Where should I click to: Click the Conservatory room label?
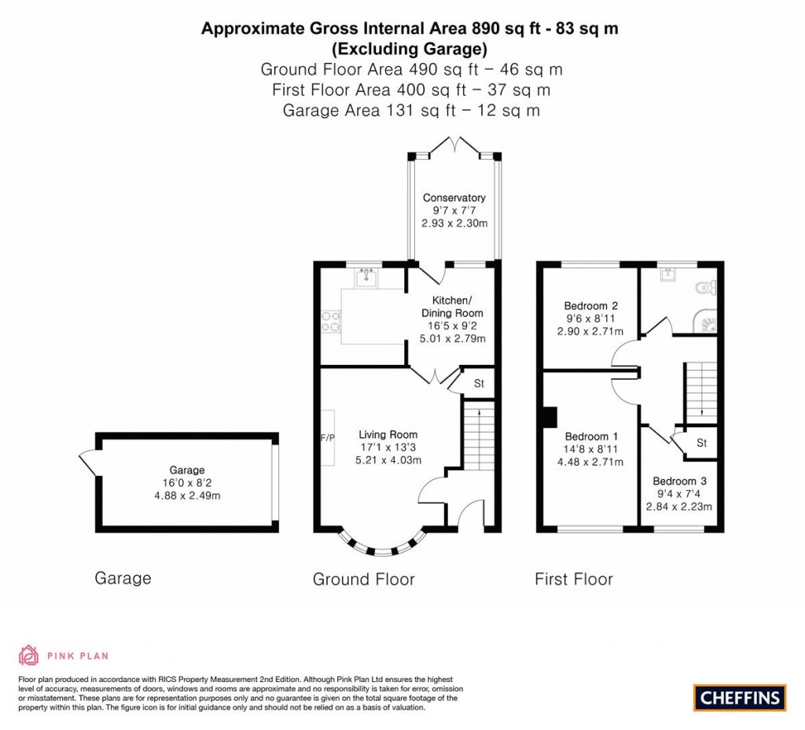454,197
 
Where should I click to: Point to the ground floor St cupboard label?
478,384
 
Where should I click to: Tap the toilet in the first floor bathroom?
704,289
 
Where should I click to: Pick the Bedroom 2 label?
590,306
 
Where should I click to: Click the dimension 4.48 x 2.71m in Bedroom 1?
590,462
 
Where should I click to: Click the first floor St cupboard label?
702,443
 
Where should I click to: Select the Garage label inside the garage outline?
186,470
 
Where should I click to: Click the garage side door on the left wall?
89,463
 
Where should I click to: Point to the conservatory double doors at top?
454,146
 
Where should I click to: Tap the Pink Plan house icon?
29,654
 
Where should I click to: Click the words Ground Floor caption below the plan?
363,580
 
